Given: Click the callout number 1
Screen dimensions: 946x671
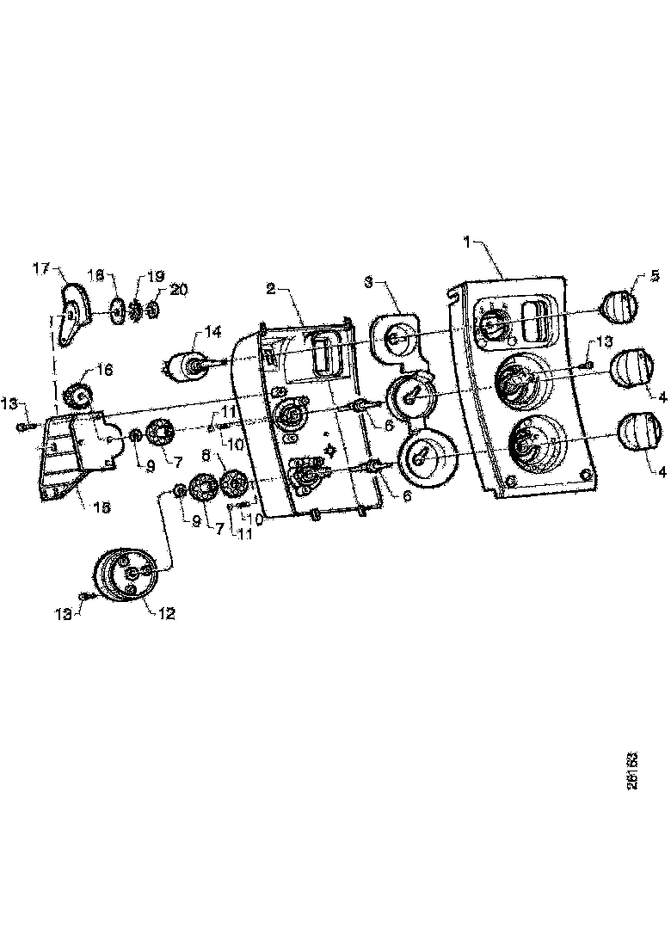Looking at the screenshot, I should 468,243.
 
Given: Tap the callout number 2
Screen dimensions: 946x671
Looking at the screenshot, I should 270,289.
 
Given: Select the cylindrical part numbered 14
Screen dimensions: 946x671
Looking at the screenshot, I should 187,366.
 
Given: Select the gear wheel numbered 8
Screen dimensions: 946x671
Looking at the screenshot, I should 232,484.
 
